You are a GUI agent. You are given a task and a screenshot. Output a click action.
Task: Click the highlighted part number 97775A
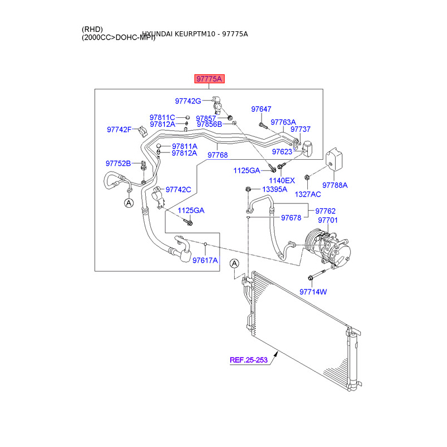[209, 79]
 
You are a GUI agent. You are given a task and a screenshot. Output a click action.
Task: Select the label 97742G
[188, 101]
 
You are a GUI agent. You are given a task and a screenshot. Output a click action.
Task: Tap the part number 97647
[261, 109]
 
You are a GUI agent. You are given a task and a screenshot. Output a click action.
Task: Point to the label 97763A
[283, 122]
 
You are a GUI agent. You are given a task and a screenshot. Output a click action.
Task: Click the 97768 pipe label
[217, 154]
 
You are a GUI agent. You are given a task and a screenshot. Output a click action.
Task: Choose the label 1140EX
[282, 180]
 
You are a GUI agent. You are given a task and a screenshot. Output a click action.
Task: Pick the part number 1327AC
[308, 194]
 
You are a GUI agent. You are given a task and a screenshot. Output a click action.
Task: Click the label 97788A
[335, 185]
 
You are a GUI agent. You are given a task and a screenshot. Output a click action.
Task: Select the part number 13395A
[274, 189]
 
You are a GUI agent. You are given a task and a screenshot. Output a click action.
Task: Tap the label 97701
[328, 221]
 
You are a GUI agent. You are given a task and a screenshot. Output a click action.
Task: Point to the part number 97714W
[313, 292]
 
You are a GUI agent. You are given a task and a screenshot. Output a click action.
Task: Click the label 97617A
[205, 260]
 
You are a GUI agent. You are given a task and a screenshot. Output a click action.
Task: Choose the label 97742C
[178, 190]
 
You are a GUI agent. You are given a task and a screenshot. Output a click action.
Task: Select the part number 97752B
[118, 163]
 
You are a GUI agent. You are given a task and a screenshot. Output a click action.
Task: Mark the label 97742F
[119, 130]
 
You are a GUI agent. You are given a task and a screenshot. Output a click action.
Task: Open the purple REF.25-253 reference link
[249, 360]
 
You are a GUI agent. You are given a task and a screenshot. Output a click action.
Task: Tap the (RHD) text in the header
[92, 29]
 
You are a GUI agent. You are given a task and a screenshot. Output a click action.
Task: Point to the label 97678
[291, 218]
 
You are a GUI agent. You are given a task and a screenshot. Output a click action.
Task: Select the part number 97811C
[162, 117]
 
